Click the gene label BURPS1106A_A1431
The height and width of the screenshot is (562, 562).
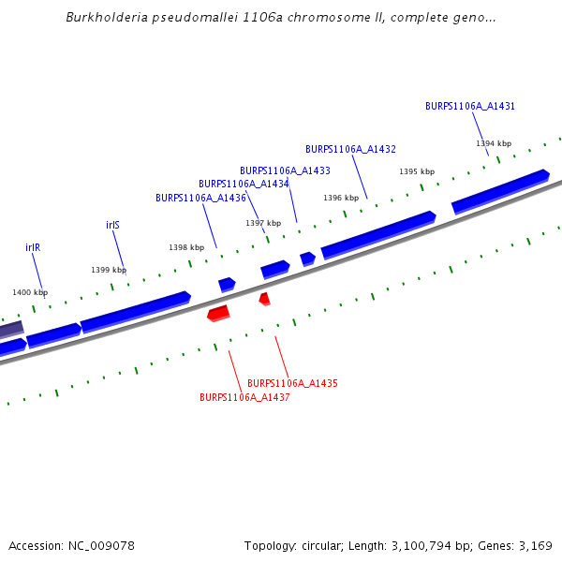[x=470, y=106]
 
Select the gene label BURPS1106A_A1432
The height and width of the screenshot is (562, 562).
[x=350, y=149]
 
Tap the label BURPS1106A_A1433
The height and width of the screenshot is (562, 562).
[x=285, y=170]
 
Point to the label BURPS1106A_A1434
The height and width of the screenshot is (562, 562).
[x=244, y=184]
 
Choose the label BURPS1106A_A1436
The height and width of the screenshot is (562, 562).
[x=200, y=198]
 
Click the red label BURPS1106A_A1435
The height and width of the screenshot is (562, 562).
[x=292, y=383]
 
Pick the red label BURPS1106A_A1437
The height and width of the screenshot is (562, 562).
[x=244, y=397]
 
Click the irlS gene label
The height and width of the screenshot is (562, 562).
[x=112, y=225]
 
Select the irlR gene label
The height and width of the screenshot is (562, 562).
[x=33, y=247]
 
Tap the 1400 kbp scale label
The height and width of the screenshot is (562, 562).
[x=30, y=292]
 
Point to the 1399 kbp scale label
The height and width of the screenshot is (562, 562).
[x=109, y=270]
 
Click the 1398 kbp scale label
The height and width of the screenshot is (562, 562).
[x=186, y=247]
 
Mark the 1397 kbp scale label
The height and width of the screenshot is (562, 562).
[x=263, y=223]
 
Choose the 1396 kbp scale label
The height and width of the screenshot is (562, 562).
[x=341, y=198]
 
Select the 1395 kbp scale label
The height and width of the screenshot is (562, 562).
[x=417, y=171]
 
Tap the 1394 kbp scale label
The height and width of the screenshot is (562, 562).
[x=494, y=143]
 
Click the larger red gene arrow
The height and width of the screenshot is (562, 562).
[x=218, y=312]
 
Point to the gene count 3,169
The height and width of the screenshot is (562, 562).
[x=535, y=545]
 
